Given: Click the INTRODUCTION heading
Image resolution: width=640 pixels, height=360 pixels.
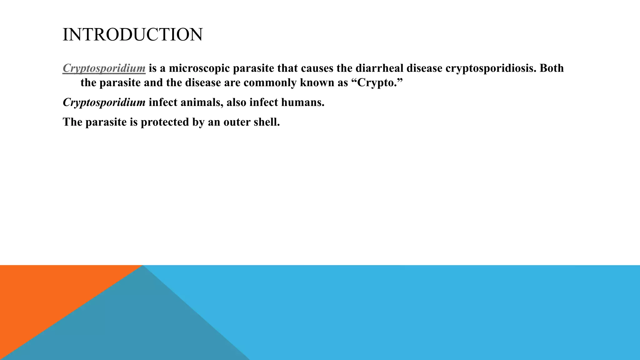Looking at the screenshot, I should click(132, 34).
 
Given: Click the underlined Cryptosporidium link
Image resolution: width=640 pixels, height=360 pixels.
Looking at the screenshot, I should click(104, 68).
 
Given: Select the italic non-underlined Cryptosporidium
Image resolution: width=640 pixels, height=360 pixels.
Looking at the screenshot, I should click(104, 102).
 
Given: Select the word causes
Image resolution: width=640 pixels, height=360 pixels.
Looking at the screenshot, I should click(317, 68).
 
